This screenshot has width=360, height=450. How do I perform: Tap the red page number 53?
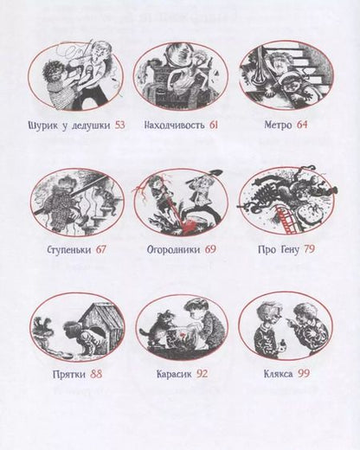pyautogui.click(x=119, y=125)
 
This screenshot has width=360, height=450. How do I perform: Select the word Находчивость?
pyautogui.click(x=170, y=125)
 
